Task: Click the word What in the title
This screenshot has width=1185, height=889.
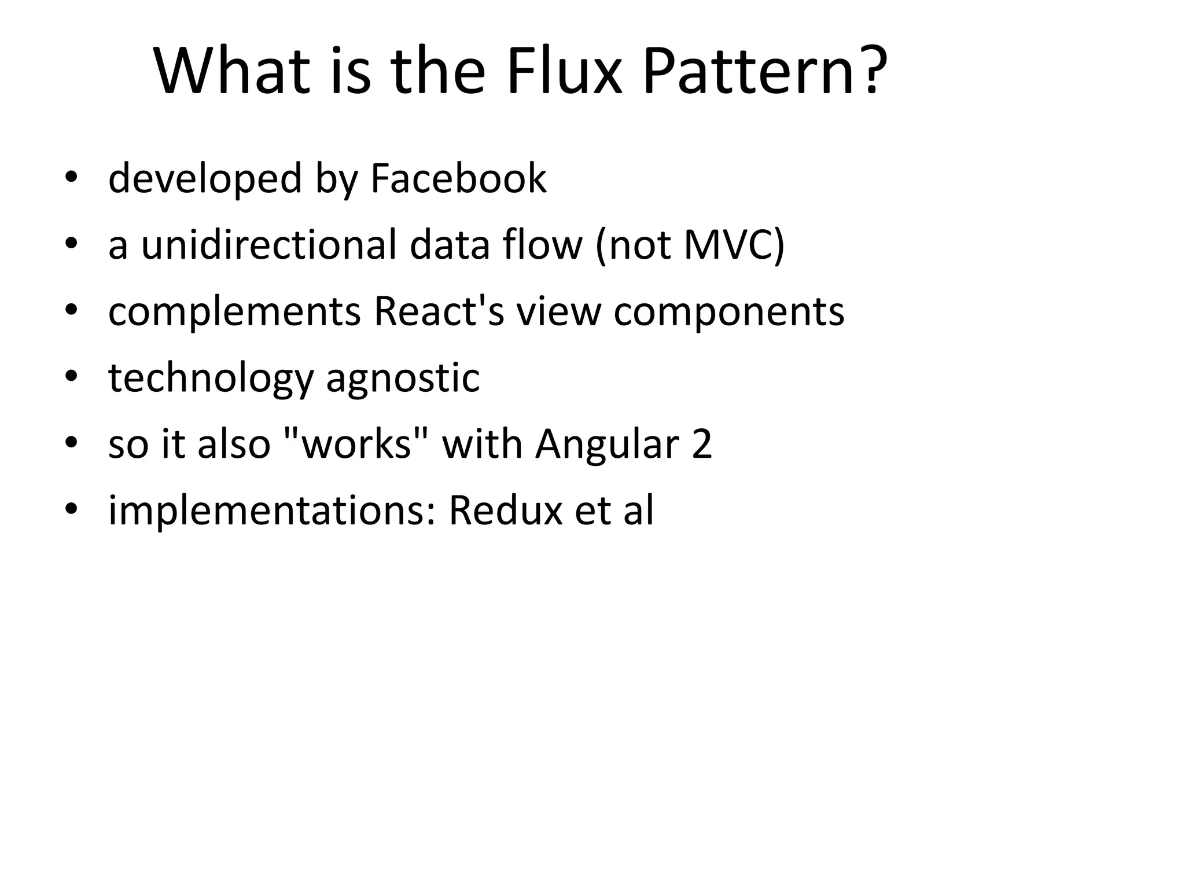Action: click(231, 72)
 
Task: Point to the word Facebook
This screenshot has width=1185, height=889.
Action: click(458, 178)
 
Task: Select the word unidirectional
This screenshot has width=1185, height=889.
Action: click(269, 245)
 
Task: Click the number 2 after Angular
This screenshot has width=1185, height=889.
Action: click(701, 444)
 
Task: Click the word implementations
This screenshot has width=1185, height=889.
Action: click(272, 512)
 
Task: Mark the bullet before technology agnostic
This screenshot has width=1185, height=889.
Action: click(71, 377)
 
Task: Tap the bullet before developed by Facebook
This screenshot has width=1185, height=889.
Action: click(71, 178)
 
